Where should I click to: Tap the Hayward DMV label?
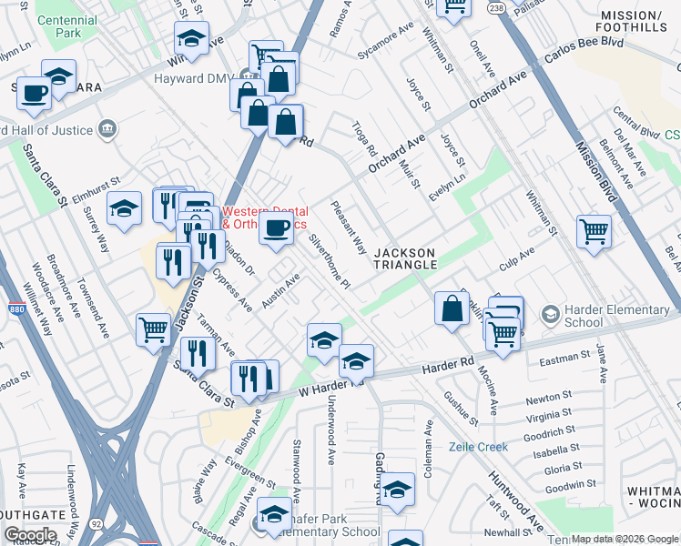pos(208,78)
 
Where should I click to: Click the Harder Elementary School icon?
pos(550,315)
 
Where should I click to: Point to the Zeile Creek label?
pos(478,447)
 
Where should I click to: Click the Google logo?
pos(30,535)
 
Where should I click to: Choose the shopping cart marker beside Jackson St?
pos(153,329)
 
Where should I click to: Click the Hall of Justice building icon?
pos(108,127)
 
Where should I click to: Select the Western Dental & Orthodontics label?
pos(264,217)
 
